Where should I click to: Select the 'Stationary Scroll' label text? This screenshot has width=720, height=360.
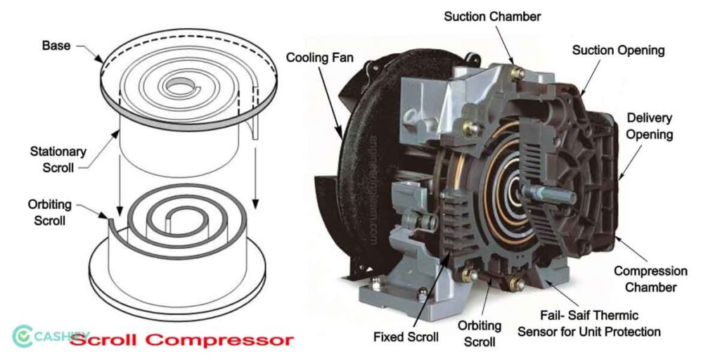(x=58, y=159)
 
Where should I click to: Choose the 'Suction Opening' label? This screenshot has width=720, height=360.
(x=618, y=51)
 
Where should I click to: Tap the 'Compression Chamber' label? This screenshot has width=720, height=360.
(x=650, y=278)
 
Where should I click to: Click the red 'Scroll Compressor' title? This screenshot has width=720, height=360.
(x=181, y=340)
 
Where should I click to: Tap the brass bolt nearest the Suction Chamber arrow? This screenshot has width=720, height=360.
(x=518, y=72)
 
